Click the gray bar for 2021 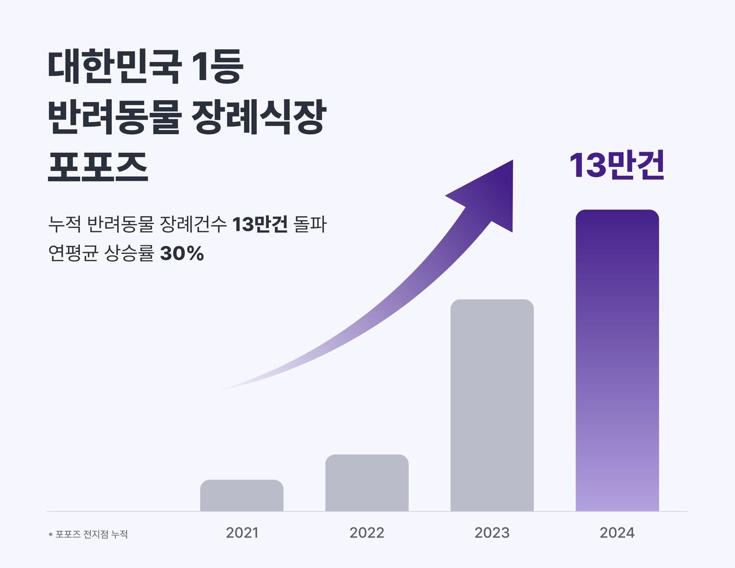click(x=241, y=495)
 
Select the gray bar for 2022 click(x=366, y=483)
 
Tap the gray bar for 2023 click(x=492, y=405)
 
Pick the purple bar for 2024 click(x=617, y=360)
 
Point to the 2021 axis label click(x=242, y=533)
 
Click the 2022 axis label click(x=366, y=533)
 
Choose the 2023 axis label click(x=492, y=533)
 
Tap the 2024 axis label click(x=617, y=533)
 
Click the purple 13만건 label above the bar click(x=617, y=165)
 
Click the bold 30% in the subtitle click(x=182, y=254)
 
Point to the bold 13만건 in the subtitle click(x=259, y=224)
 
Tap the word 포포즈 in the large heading click(x=98, y=167)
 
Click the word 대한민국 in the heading click(x=114, y=67)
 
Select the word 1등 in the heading click(x=217, y=67)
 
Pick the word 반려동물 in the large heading click(x=114, y=116)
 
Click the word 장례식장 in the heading click(x=258, y=116)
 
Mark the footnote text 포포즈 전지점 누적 click(x=91, y=534)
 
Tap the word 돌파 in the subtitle click(x=310, y=224)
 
